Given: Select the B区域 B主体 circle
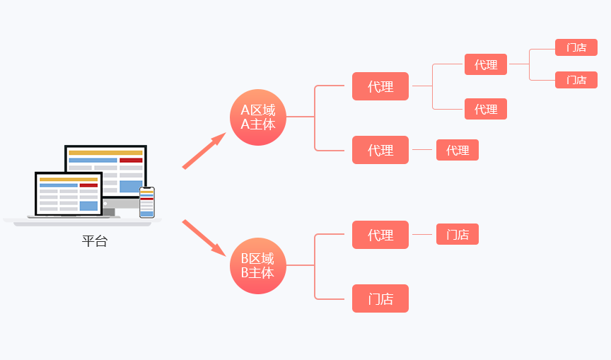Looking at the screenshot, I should [257, 265].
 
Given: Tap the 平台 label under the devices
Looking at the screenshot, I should [95, 241].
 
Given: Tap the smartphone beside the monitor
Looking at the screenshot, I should [147, 202].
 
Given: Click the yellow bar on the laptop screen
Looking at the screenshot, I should [69, 179].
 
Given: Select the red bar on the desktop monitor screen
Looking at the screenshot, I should [131, 161].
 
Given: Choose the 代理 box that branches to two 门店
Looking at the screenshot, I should [486, 64].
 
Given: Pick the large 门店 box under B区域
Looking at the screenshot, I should [380, 298].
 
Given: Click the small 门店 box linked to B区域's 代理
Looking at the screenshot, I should [458, 234].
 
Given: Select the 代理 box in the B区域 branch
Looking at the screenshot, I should [380, 235].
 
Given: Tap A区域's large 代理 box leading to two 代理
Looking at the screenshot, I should [380, 86].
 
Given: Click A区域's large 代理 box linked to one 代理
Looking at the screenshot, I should [380, 150].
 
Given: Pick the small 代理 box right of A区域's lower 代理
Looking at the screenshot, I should [458, 150].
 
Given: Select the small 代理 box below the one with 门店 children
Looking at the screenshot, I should [486, 109].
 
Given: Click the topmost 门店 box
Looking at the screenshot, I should [576, 47].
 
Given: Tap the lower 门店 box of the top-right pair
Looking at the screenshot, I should [576, 80].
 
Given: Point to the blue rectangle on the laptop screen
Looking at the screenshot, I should [88, 206].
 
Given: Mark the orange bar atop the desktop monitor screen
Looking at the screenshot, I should [105, 153].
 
